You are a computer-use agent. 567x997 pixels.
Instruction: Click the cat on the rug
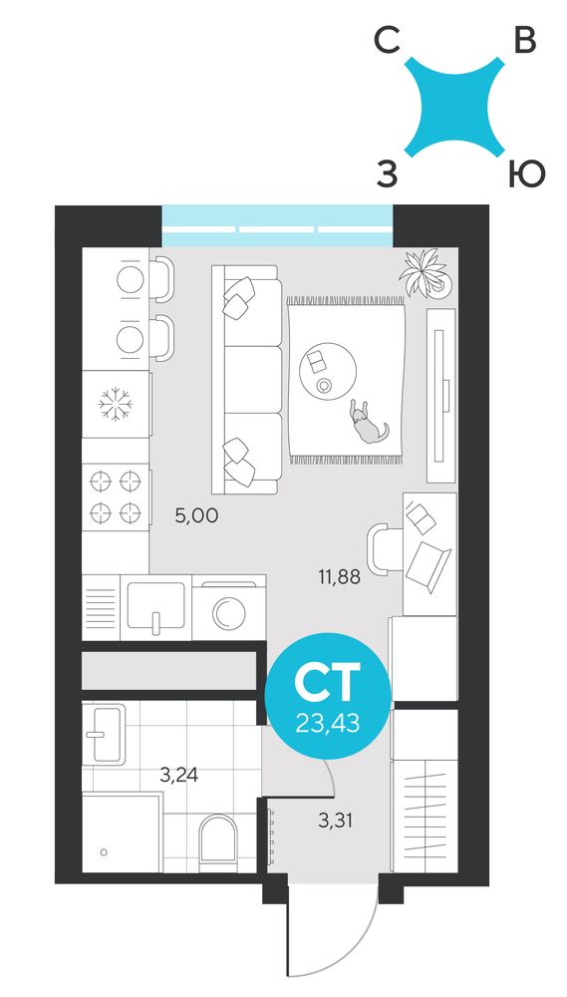point(366,424)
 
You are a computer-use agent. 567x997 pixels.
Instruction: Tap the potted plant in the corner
point(424,272)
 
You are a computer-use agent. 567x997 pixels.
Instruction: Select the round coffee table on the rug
point(328,371)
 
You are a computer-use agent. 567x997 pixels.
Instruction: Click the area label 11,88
point(340,577)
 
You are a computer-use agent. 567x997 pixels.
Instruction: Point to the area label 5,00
point(196,515)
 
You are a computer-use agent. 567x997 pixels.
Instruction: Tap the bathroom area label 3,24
point(178,775)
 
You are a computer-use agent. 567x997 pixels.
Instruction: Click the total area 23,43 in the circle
point(328,723)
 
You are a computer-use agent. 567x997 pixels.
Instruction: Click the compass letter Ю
point(527,173)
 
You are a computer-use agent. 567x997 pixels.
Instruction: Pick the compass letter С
point(387,43)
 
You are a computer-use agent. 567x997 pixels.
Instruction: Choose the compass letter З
point(387,174)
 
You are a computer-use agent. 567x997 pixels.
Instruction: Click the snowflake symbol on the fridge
point(115,404)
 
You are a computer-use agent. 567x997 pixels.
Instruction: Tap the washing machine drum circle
point(227,613)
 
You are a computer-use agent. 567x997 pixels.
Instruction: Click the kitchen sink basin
point(155,605)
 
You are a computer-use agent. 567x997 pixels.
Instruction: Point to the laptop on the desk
point(427,568)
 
